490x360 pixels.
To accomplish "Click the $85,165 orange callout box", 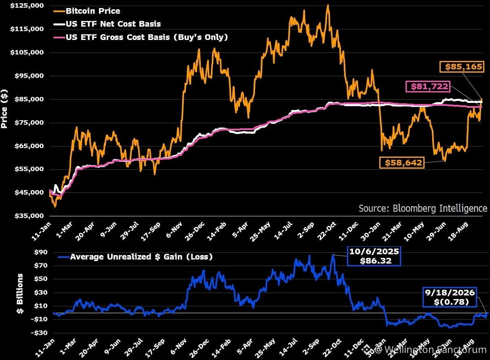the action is click(462, 67).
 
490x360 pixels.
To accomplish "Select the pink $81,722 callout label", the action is click(428, 86).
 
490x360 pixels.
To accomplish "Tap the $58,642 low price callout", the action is click(402, 162).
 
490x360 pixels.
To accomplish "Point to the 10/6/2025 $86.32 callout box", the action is click(374, 256).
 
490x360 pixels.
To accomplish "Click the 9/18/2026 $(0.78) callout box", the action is click(450, 297).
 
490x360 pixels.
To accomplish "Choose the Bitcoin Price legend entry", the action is click(87, 11).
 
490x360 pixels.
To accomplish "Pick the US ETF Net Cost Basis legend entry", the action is click(107, 24).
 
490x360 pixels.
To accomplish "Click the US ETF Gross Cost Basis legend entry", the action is click(141, 37).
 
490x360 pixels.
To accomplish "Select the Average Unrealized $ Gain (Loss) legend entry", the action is click(135, 257).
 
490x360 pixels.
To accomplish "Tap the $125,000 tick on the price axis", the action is click(27, 6).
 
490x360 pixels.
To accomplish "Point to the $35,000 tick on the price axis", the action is click(29, 216).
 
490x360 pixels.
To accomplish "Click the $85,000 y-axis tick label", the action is click(29, 99).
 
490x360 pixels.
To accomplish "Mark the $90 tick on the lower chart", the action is click(41, 252).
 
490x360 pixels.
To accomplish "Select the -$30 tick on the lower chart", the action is click(39, 333).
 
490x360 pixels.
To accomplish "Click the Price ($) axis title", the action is click(4, 109).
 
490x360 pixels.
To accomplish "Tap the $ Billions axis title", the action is click(20, 293).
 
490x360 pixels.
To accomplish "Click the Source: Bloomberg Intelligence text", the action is click(423, 208).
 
